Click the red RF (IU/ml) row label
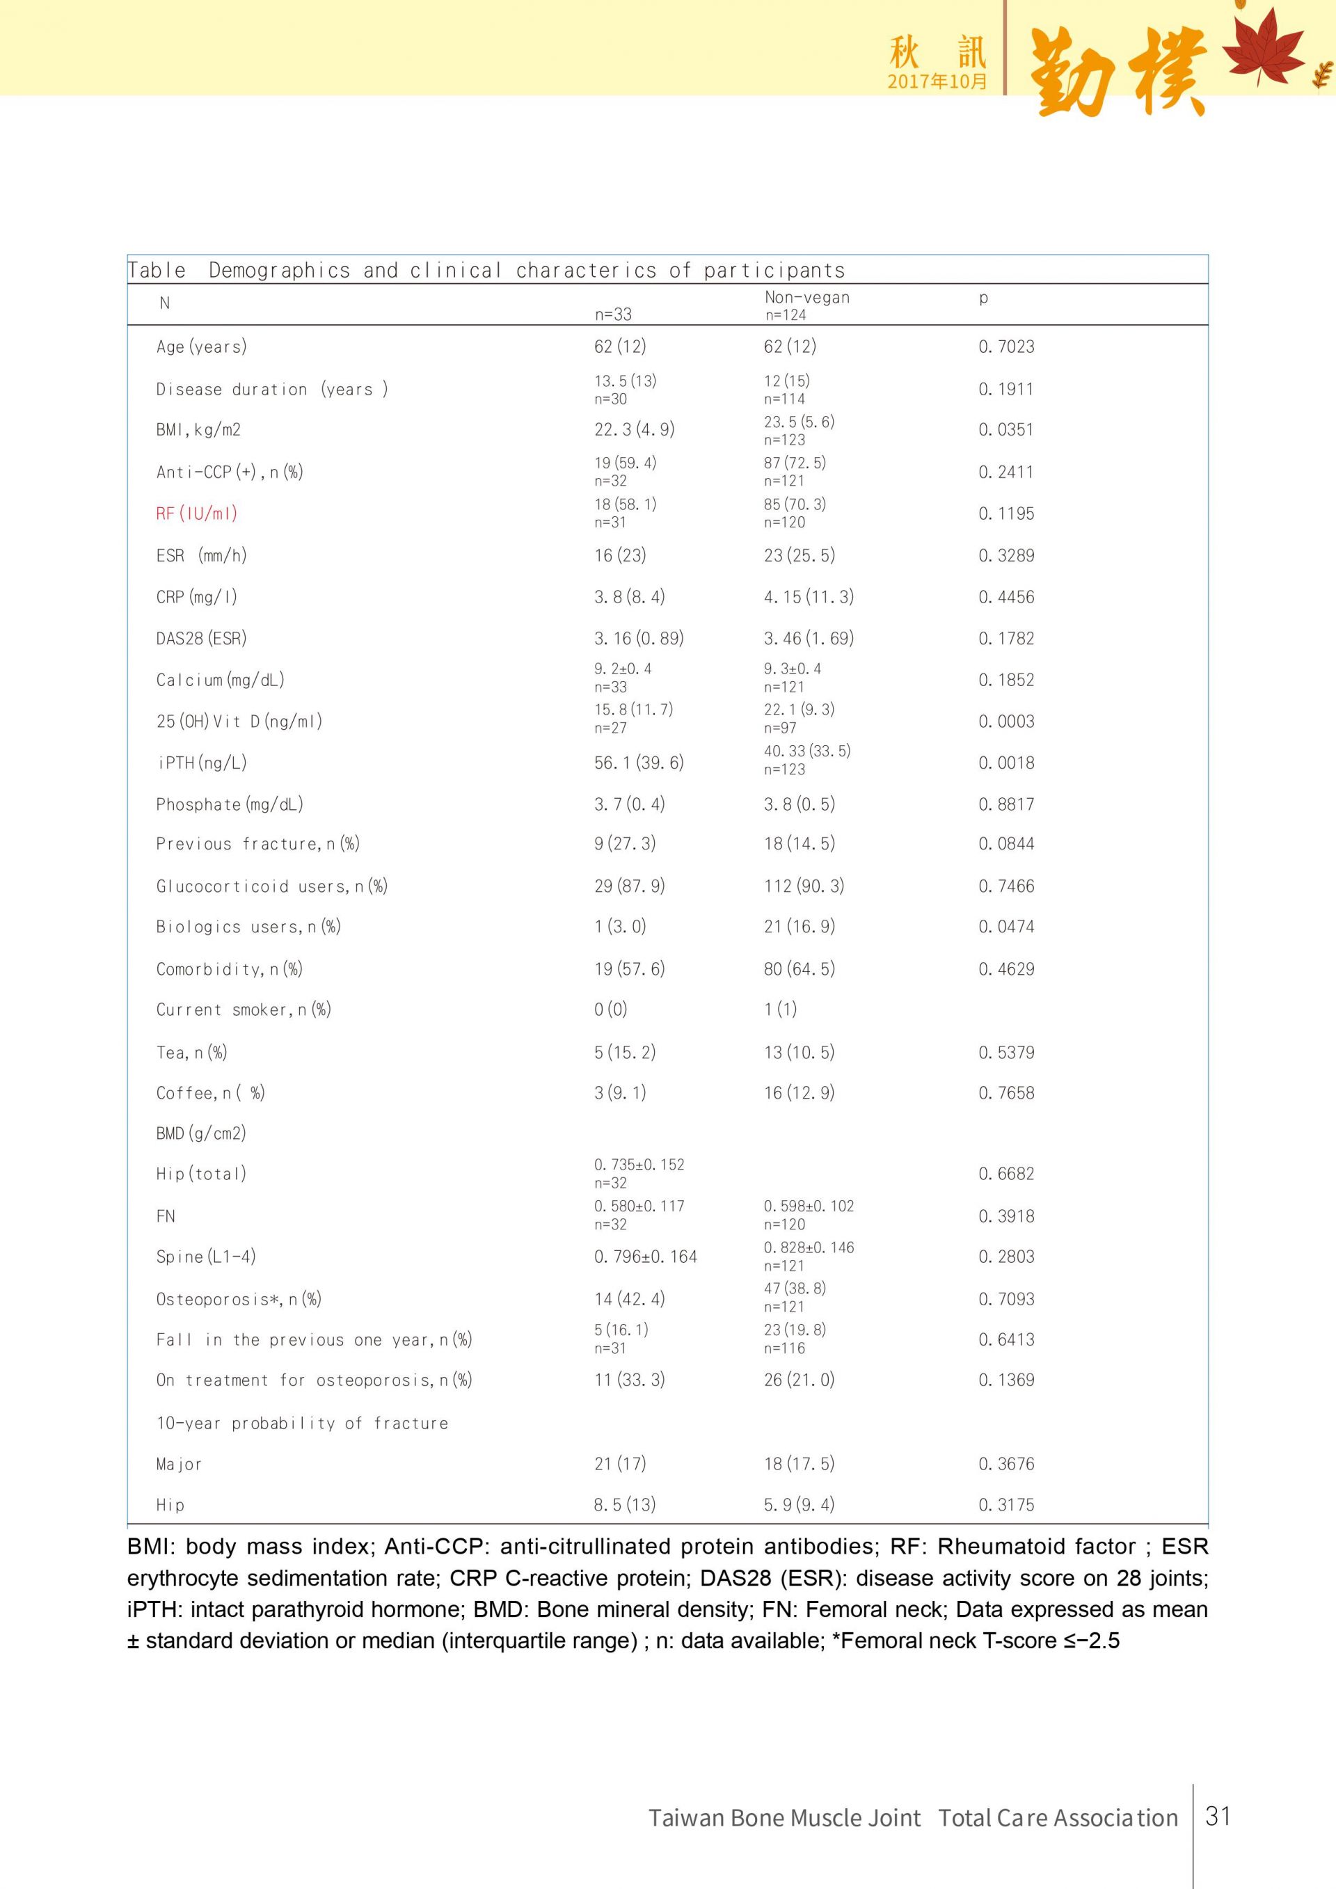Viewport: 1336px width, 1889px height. [197, 513]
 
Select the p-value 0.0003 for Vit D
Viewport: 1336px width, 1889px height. [1005, 722]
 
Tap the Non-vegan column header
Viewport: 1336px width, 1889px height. [806, 298]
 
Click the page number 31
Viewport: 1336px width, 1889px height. [1218, 1816]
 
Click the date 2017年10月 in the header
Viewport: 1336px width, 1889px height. [936, 81]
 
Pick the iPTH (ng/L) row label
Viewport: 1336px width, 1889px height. [202, 763]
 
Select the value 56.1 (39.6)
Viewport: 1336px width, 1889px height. [638, 763]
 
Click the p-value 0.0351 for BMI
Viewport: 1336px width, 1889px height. [1005, 429]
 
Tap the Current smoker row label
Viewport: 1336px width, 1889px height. [244, 1010]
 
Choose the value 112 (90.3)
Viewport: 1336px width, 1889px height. [803, 886]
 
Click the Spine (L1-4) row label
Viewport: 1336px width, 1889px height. [206, 1257]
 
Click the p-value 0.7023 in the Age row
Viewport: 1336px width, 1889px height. [1005, 346]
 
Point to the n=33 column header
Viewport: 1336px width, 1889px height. [613, 314]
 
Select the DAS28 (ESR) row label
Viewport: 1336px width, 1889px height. [202, 639]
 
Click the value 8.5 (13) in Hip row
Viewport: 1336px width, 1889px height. [624, 1505]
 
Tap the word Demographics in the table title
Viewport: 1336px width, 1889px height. [279, 271]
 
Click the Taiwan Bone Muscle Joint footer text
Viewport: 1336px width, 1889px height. [784, 1817]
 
